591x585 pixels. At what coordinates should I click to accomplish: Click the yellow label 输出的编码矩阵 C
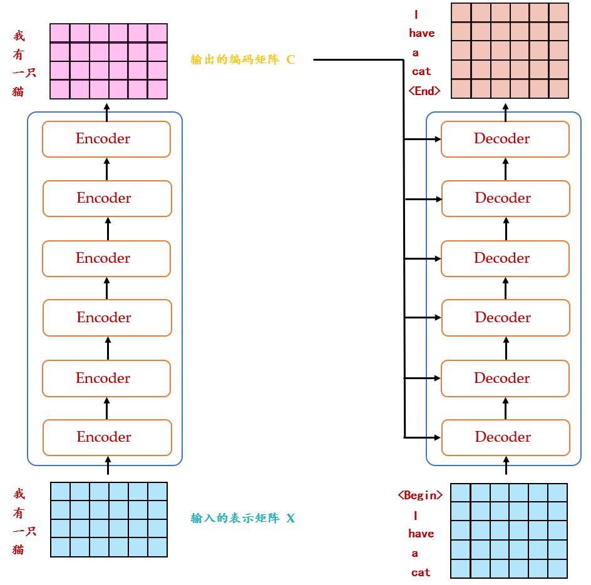[242, 60]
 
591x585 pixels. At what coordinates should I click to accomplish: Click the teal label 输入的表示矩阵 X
[242, 518]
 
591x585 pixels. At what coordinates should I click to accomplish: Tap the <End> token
[424, 91]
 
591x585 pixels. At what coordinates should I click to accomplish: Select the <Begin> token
[420, 495]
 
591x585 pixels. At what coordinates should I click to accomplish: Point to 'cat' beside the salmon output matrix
[421, 71]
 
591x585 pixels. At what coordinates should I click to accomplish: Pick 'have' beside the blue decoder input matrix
[421, 534]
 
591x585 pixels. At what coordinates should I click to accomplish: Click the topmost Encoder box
[106, 139]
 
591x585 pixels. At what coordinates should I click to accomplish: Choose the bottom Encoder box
[107, 437]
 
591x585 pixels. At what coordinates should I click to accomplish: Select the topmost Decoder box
[505, 139]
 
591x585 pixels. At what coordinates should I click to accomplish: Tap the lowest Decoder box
[506, 437]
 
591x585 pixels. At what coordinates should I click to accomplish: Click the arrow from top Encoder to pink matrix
[106, 111]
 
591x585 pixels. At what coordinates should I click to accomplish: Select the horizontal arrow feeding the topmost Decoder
[423, 139]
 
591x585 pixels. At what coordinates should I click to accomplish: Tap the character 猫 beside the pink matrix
[19, 91]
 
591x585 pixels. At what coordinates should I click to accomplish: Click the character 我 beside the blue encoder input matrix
[19, 494]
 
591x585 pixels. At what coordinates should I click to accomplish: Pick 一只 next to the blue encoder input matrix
[24, 531]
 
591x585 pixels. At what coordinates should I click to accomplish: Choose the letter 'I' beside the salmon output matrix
[416, 14]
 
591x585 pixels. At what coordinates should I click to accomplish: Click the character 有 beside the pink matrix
[19, 54]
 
